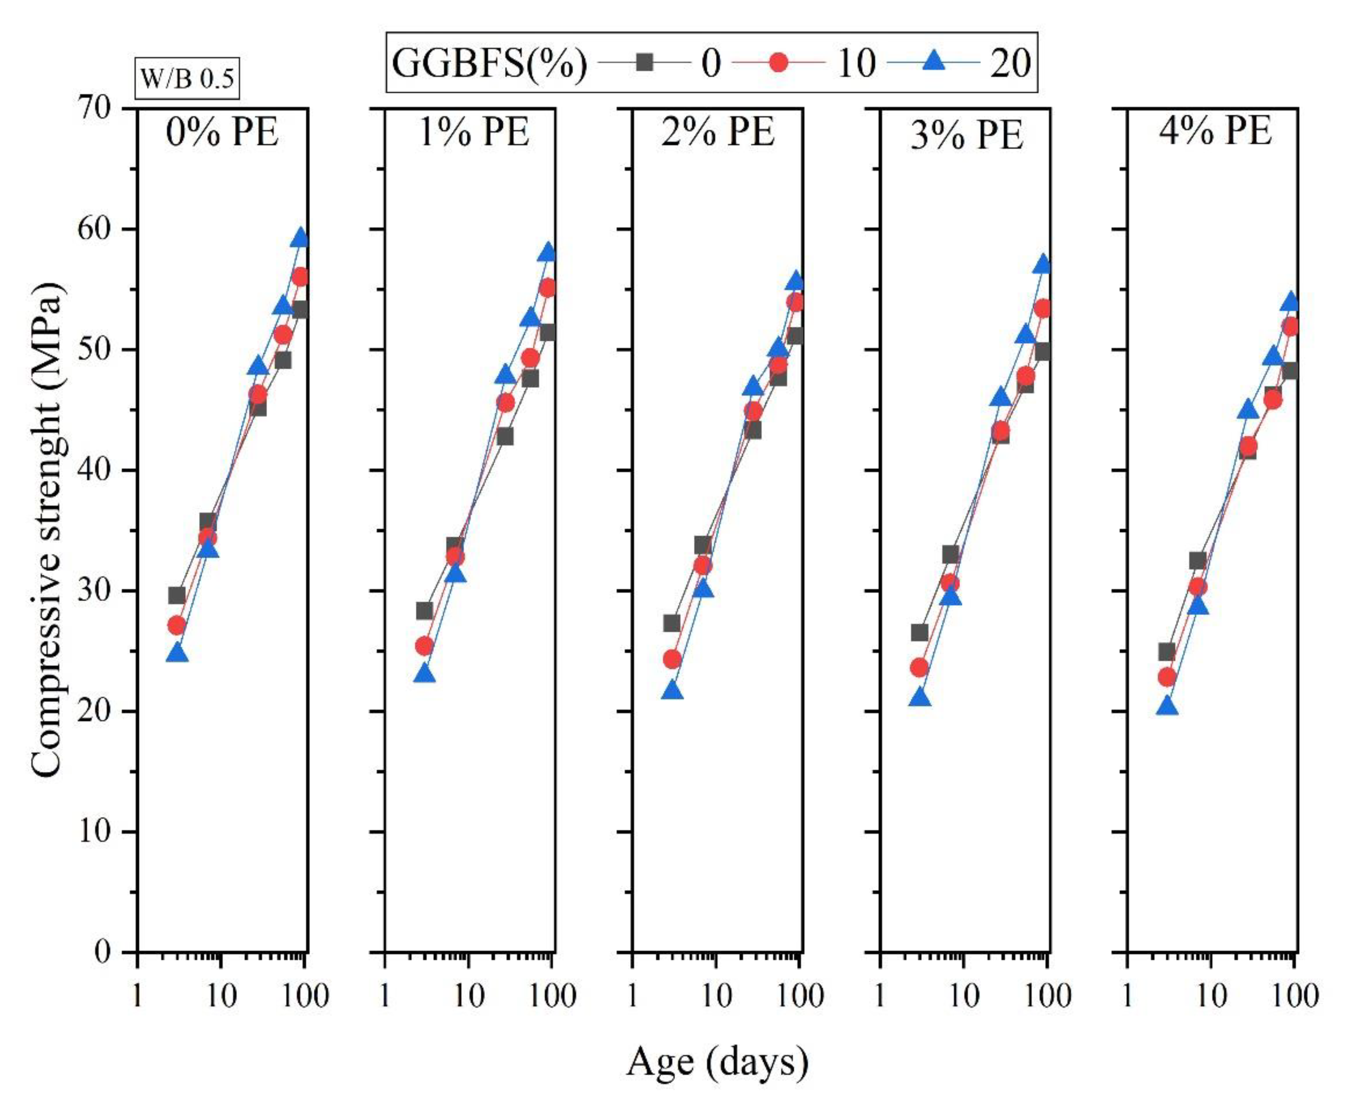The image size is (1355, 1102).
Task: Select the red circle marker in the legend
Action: coord(779,62)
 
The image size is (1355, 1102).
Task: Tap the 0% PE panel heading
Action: coord(222,133)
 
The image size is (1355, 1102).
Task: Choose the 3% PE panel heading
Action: coord(967,135)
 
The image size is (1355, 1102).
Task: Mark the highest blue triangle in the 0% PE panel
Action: coord(301,238)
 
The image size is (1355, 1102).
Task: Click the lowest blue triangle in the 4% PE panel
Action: coord(1167,706)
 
